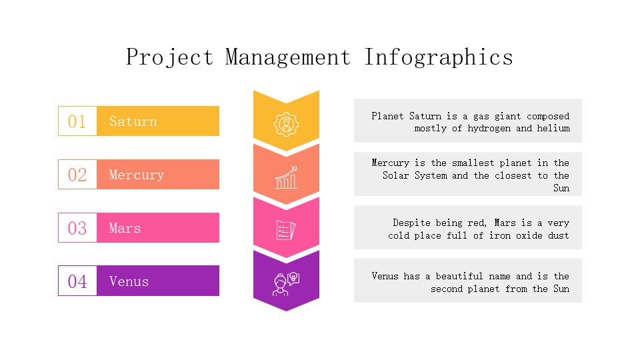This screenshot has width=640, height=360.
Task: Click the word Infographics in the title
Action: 439,57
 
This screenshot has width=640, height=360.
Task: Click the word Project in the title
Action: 169,57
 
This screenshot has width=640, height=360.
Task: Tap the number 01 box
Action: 77,121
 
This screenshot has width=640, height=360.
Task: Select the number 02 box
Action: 77,175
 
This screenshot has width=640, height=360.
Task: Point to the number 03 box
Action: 77,228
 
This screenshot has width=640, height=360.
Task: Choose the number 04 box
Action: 77,281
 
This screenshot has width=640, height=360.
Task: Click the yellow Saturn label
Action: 158,121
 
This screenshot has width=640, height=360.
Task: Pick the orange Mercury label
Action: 158,175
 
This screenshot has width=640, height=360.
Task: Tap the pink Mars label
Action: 158,228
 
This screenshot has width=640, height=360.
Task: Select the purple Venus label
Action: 158,281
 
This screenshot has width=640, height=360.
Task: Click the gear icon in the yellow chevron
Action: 286,124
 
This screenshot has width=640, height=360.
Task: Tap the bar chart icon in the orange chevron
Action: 286,177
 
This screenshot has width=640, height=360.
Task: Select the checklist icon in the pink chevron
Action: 286,231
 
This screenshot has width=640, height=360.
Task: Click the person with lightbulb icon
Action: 286,284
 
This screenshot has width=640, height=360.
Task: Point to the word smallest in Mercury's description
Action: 473,163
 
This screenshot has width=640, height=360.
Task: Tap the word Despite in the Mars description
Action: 411,223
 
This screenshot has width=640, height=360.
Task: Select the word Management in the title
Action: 288,57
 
